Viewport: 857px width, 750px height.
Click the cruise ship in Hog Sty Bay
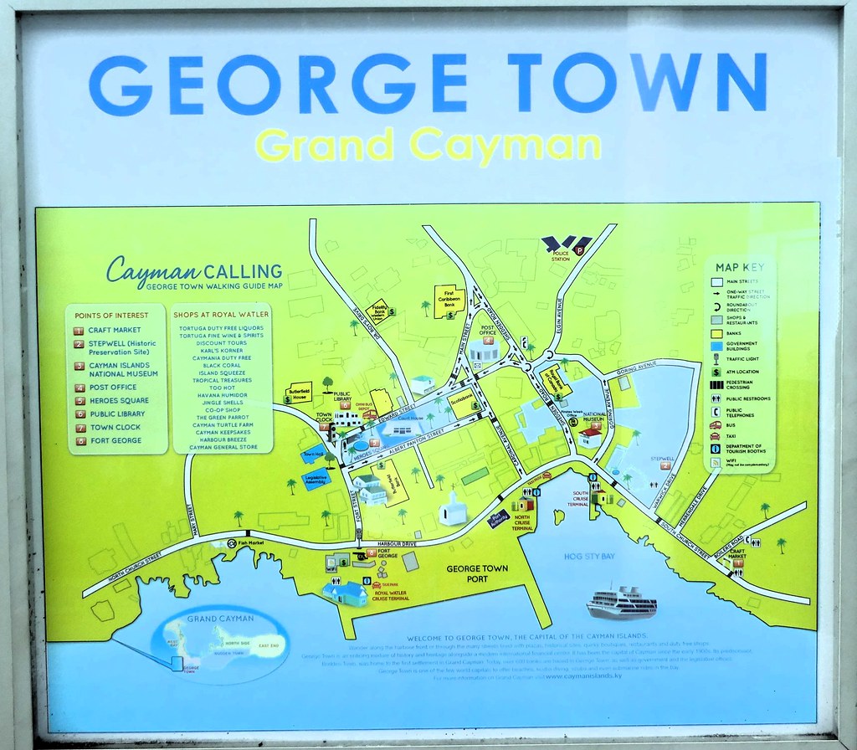coord(621,602)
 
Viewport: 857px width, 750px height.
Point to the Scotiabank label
coord(460,399)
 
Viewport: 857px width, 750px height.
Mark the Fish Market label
coord(251,543)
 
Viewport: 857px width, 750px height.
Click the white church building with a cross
coord(452,508)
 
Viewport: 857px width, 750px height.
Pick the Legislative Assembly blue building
coord(316,483)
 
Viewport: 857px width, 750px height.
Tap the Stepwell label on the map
coord(660,458)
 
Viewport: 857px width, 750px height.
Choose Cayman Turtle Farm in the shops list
coord(223,425)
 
